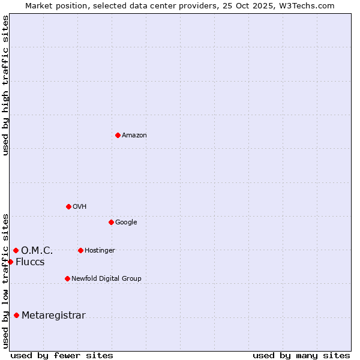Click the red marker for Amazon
pyautogui.click(x=118, y=135)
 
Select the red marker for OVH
pyautogui.click(x=68, y=206)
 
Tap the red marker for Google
pyautogui.click(x=111, y=222)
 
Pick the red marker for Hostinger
pyautogui.click(x=80, y=250)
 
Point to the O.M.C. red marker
pyautogui.click(x=16, y=250)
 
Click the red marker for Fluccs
pyautogui.click(x=10, y=262)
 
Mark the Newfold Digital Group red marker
pyautogui.click(x=67, y=278)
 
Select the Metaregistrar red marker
pyautogui.click(x=16, y=315)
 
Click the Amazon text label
pyautogui.click(x=134, y=136)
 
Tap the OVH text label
pyautogui.click(x=80, y=207)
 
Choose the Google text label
pyautogui.click(x=126, y=223)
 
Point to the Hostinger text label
pyautogui.click(x=100, y=251)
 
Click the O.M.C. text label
pyautogui.click(x=37, y=251)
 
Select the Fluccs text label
pyautogui.click(x=30, y=262)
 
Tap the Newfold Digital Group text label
pyautogui.click(x=106, y=279)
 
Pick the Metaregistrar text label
pyautogui.click(x=53, y=316)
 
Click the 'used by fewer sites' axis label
pyautogui.click(x=62, y=355)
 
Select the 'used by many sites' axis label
pyautogui.click(x=301, y=355)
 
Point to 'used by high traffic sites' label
pyautogui.click(x=5, y=85)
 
